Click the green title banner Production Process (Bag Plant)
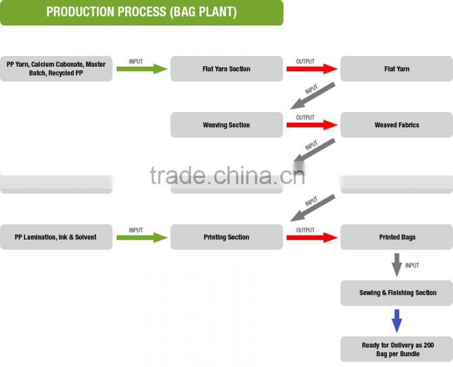click(x=142, y=12)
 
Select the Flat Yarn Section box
click(x=226, y=69)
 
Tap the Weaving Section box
click(x=226, y=125)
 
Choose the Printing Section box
click(x=226, y=237)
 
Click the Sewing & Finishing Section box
click(x=397, y=293)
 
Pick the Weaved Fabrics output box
click(x=397, y=125)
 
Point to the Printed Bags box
click(x=397, y=237)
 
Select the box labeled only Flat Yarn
click(x=397, y=69)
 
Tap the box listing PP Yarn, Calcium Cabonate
click(x=56, y=69)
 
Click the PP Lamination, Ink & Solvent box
click(x=56, y=237)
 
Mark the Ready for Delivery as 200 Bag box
click(x=397, y=349)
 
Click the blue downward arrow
click(x=397, y=321)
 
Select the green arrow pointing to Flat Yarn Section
click(x=142, y=69)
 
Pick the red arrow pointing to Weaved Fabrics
click(x=311, y=125)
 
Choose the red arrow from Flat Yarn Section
click(x=311, y=69)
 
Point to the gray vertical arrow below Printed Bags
click(x=397, y=264)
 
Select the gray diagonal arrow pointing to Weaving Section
click(x=313, y=96)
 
